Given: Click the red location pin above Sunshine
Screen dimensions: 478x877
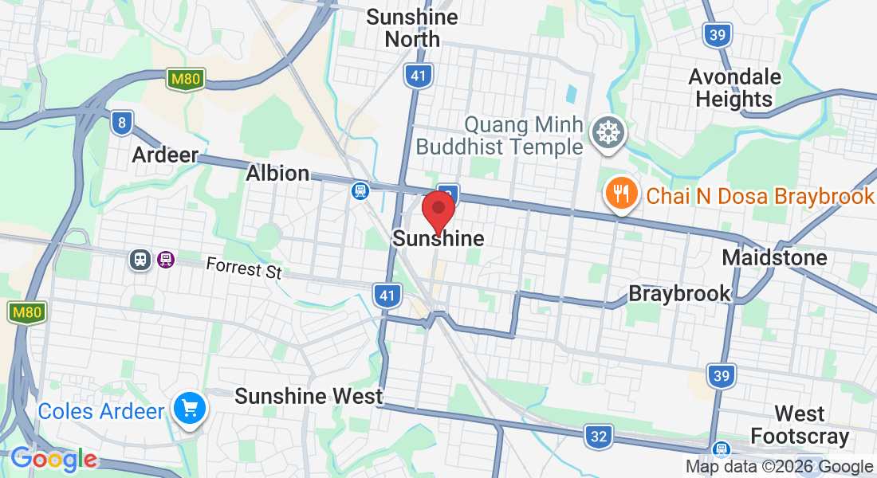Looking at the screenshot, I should [x=438, y=209].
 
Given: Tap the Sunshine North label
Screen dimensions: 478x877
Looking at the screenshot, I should [x=412, y=28].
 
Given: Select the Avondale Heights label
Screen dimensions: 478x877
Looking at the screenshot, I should [x=734, y=88].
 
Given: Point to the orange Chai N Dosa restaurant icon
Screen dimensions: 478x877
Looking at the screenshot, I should [x=620, y=194].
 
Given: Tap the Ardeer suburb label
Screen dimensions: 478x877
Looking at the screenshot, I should [x=165, y=155].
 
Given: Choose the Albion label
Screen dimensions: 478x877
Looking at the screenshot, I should [x=277, y=173].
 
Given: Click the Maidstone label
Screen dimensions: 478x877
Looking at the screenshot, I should [x=774, y=257].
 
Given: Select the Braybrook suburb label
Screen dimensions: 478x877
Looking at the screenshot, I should [x=679, y=293].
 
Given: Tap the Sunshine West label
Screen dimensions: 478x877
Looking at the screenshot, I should [x=309, y=396].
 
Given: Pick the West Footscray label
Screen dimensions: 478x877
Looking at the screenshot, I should [x=800, y=425].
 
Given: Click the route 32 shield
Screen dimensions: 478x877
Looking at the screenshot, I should [x=598, y=436].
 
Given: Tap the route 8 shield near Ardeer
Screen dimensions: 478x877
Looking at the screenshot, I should [x=121, y=122].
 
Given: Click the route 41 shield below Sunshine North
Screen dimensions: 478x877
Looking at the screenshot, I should [x=419, y=76].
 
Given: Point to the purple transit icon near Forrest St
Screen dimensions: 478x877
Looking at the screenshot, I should [x=166, y=260].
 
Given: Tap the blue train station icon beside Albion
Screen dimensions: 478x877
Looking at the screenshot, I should [x=360, y=190].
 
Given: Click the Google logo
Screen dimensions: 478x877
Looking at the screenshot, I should [x=53, y=459].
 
